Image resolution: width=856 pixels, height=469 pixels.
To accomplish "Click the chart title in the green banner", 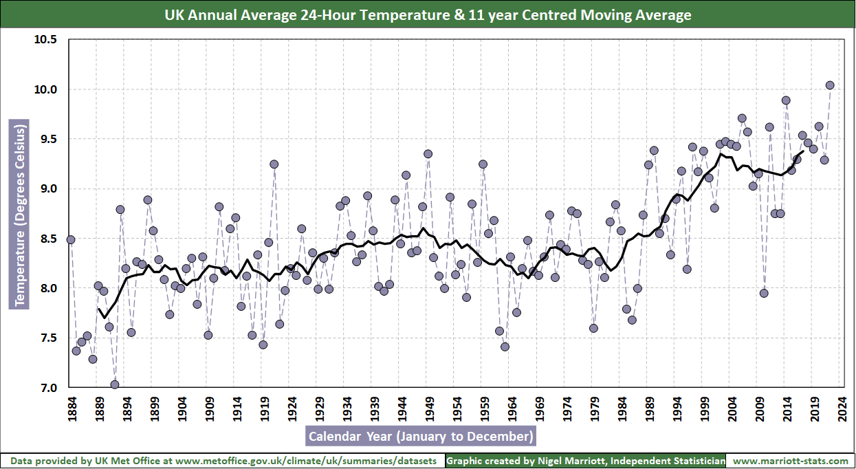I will click(428, 14).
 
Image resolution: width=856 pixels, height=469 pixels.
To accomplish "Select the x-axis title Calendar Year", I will click(420, 436).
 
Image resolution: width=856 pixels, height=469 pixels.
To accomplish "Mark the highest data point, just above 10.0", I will click(830, 85).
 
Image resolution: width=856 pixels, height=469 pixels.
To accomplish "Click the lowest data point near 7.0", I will click(115, 385).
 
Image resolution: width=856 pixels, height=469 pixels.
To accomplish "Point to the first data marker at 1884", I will click(71, 239).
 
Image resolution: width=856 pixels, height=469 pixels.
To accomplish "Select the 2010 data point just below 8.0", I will click(764, 293).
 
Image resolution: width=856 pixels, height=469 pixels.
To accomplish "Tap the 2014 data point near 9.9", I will click(786, 100).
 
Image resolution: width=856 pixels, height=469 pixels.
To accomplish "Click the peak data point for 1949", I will click(428, 154).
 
